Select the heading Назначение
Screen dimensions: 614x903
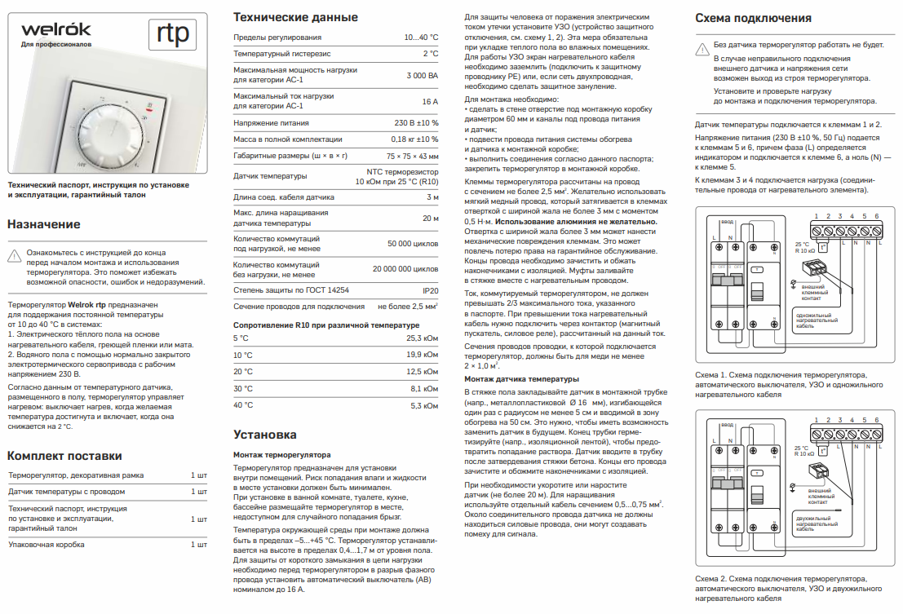point(44,224)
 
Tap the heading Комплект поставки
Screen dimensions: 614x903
point(65,455)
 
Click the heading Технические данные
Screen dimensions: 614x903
point(295,17)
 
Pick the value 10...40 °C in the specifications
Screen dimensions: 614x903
point(421,38)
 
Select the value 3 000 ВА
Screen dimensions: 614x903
point(422,75)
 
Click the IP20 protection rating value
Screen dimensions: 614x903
point(430,289)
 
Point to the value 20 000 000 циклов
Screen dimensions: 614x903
point(405,268)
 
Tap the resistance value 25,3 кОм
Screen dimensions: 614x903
point(423,338)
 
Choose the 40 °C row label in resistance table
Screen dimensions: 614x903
point(243,404)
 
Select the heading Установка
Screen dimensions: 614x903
point(265,435)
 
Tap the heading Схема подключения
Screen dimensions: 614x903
point(753,18)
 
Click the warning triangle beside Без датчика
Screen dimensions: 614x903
point(701,46)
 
